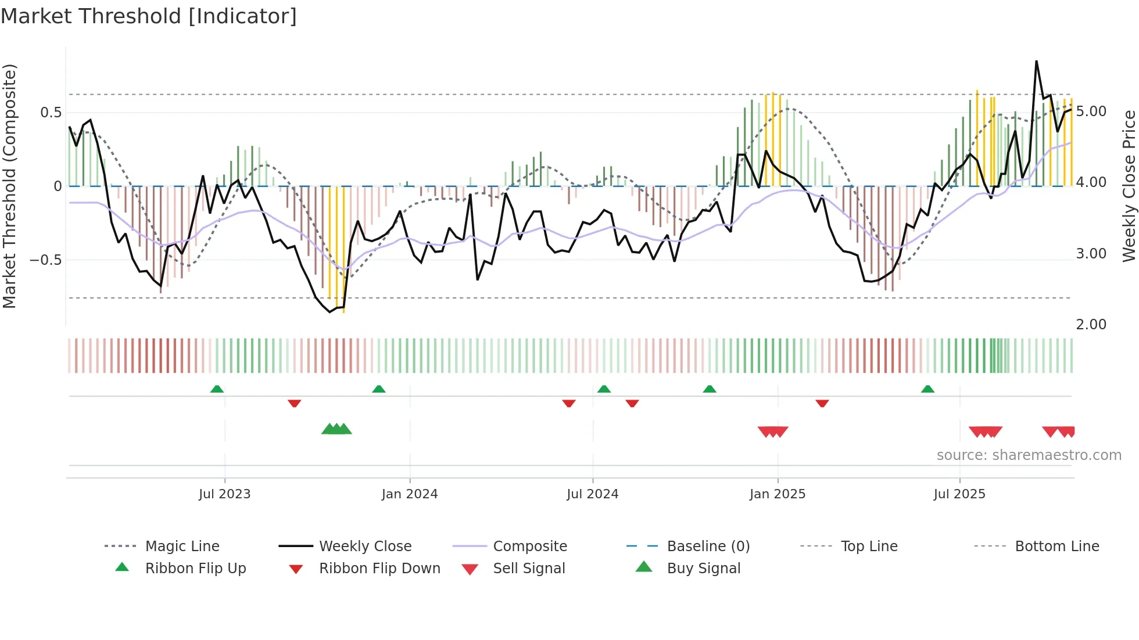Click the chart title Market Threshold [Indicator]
pos(149,16)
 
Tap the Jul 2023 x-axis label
pos(224,494)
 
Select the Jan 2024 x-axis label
pos(410,494)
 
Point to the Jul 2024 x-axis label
pos(592,494)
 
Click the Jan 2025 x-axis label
pos(778,494)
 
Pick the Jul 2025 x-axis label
pos(959,494)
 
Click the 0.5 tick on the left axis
pos(51,113)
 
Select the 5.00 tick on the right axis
pos(1091,112)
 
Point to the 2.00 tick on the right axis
pos(1091,325)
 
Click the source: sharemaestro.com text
pos(1029,455)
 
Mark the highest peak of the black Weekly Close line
pos(1036,61)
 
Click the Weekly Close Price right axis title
pos(1129,186)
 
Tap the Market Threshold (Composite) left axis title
pos(10,186)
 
